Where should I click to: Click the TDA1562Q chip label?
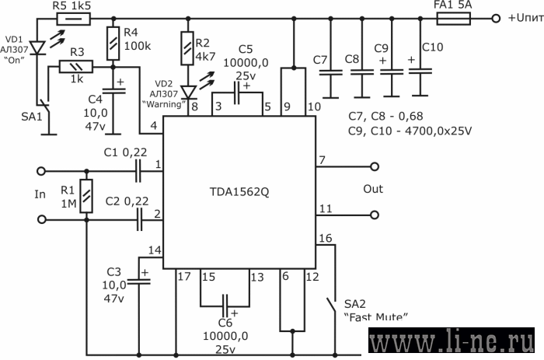tap(239, 192)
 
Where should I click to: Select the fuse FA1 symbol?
tap(453, 19)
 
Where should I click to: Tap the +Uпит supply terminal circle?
tap(496, 19)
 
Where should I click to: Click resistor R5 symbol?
tap(74, 19)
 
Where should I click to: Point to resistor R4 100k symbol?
tap(113, 44)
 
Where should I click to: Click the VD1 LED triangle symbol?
tap(37, 48)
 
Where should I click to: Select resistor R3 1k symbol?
tap(76, 66)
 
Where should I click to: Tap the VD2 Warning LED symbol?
tap(188, 92)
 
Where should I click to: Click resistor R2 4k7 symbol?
tap(187, 48)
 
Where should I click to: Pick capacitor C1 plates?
tap(138, 171)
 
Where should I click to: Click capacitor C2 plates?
tap(139, 219)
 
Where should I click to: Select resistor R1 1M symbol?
tap(86, 196)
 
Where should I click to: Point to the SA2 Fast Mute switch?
tap(332, 306)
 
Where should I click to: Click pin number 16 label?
tap(326, 238)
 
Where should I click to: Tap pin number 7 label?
tap(323, 160)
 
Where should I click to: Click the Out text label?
tap(373, 189)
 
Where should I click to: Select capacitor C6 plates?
tap(225, 306)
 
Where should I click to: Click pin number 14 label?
tap(155, 250)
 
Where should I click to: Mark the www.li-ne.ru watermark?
tap(452, 341)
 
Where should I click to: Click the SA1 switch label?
tap(32, 117)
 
